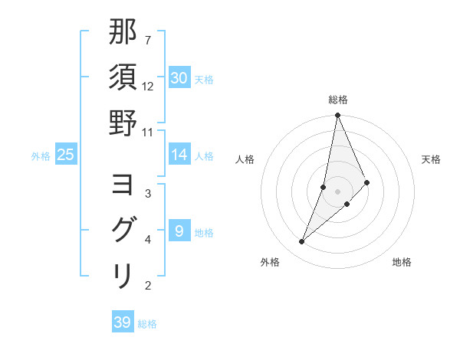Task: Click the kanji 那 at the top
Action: [123, 34]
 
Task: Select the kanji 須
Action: [123, 78]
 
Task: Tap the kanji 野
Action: [123, 123]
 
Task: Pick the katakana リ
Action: [123, 275]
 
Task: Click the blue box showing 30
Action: [179, 78]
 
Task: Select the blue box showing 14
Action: [179, 155]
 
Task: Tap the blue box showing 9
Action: [179, 231]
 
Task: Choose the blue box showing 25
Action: [65, 155]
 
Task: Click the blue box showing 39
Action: [123, 322]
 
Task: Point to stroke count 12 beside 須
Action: [148, 87]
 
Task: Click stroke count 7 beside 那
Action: [148, 40]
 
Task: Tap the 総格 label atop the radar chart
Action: [338, 100]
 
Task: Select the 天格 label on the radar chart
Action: [431, 159]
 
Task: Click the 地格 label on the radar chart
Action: [402, 262]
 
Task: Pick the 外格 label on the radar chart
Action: [270, 262]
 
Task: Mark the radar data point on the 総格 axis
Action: [338, 116]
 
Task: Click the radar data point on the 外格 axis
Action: [302, 242]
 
